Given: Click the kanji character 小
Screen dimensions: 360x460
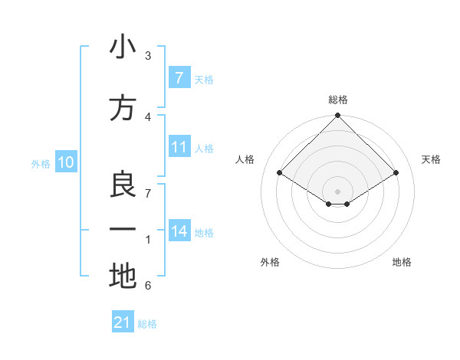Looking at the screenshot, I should point(123,47).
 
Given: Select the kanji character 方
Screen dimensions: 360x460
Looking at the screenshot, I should point(123,108).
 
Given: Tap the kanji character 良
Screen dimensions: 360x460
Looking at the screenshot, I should point(123,185).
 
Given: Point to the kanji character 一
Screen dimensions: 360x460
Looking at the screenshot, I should point(123,230).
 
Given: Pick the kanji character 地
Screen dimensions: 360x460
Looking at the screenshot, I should point(123,276).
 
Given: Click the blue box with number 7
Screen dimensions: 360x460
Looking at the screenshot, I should point(179,78).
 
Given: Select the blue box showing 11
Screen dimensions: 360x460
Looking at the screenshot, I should point(179,147).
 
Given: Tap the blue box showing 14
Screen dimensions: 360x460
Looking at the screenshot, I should point(179,231).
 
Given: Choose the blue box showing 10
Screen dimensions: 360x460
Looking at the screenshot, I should point(65,162).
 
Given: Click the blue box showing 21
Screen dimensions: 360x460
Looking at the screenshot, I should point(123,322).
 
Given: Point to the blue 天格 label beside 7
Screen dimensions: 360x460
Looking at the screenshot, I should point(204,80).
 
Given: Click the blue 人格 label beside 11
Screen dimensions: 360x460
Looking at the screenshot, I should point(204,149).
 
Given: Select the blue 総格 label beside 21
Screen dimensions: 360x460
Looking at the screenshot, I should point(147,324).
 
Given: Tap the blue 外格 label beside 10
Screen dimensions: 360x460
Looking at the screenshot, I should point(40,164).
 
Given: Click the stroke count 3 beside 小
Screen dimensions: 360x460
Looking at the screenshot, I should point(148,56).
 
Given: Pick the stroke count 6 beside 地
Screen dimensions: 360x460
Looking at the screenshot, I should point(148,286).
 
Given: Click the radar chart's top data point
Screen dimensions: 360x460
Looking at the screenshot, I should point(337,116).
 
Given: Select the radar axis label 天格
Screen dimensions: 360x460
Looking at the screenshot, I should point(431,159).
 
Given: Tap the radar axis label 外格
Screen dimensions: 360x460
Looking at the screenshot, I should point(270,262).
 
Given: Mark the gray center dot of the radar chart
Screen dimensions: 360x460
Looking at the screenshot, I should point(337,190).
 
